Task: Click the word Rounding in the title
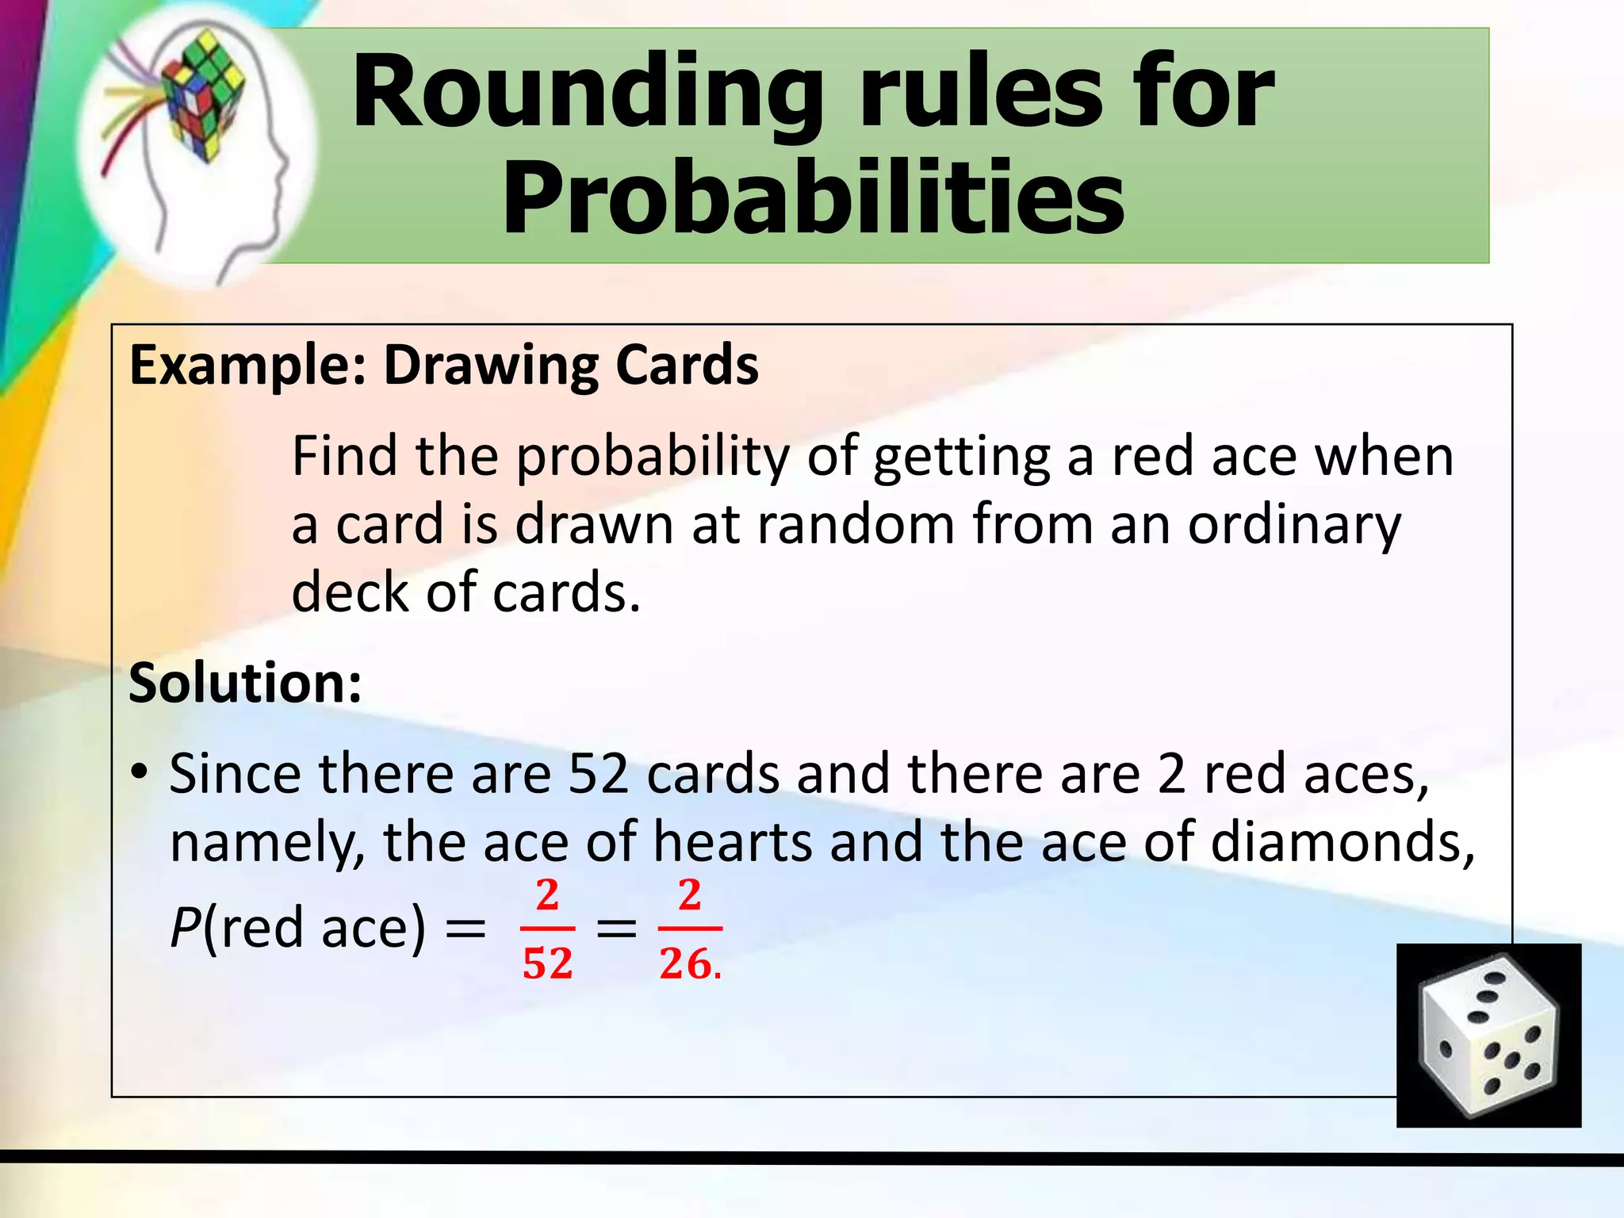click(587, 94)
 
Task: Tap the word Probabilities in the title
click(813, 198)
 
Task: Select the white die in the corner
click(1488, 1035)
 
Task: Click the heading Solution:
click(245, 683)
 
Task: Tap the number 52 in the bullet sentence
click(599, 774)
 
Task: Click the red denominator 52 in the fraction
click(547, 964)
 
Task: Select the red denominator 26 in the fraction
click(684, 964)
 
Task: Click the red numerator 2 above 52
click(547, 896)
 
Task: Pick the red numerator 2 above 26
click(690, 896)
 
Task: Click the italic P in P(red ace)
click(184, 928)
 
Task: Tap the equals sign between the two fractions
click(616, 928)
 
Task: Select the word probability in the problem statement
click(653, 458)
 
